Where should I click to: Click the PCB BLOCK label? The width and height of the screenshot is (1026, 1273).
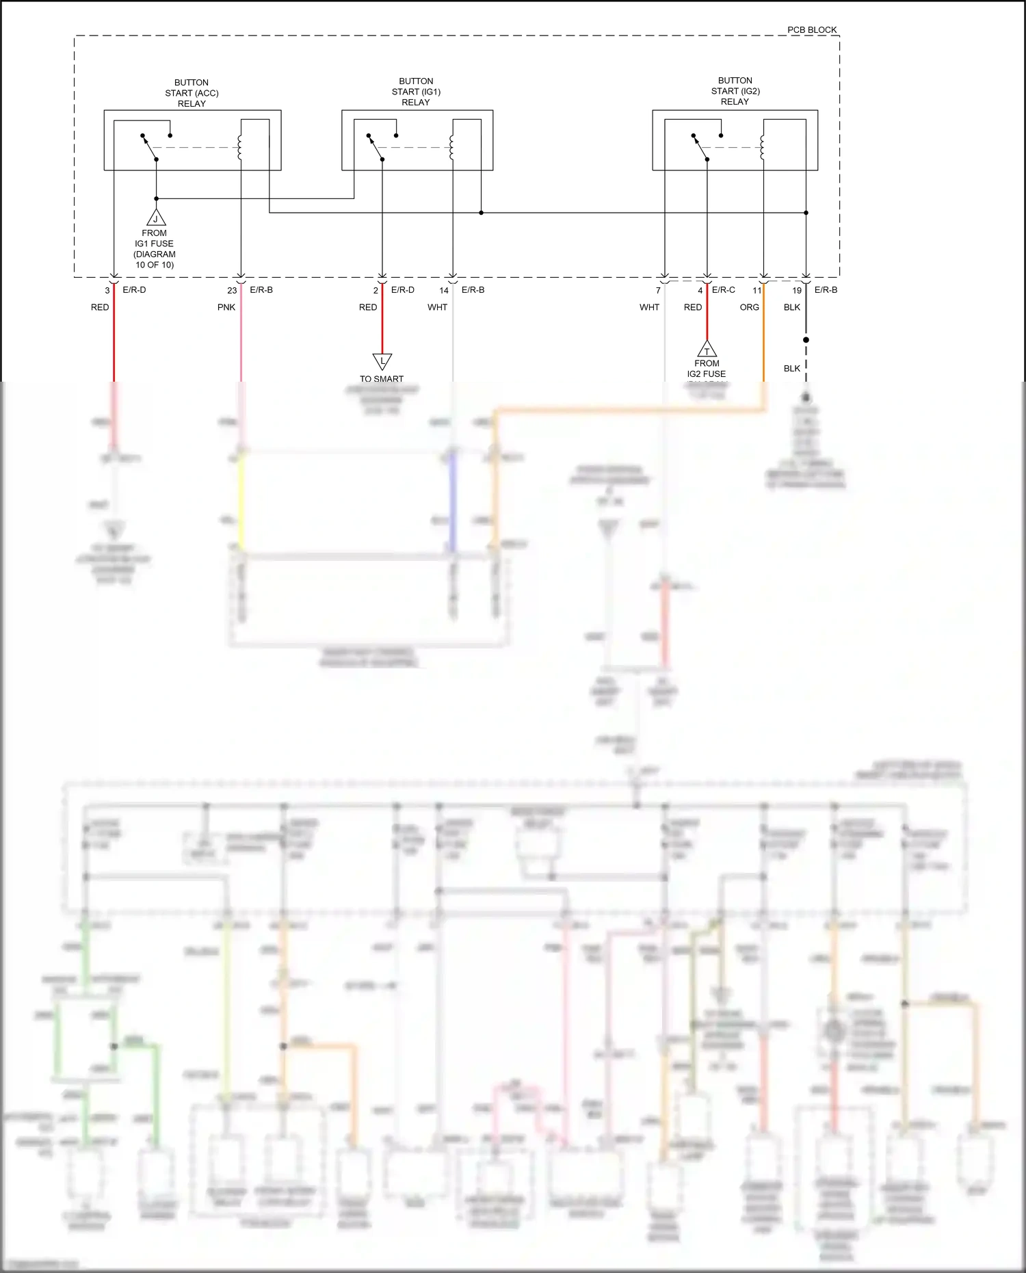pos(811,30)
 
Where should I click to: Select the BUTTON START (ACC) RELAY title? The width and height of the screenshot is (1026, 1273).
pos(192,93)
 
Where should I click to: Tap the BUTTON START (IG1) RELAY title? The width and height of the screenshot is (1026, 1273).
pos(416,92)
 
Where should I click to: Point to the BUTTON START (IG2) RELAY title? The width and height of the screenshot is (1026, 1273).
pos(735,91)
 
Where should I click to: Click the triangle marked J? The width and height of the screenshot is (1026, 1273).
pos(156,218)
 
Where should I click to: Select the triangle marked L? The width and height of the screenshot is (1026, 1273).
pos(382,360)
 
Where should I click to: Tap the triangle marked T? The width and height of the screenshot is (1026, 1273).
pos(707,350)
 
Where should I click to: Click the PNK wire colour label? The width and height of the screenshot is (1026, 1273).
pos(226,307)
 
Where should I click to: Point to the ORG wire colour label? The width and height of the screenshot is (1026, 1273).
pos(749,307)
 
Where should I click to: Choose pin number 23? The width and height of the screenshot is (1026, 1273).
pos(232,291)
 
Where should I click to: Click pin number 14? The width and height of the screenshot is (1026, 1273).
pos(444,291)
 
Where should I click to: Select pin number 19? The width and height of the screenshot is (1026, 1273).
pos(797,291)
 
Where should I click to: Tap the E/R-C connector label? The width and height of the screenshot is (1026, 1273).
pos(724,290)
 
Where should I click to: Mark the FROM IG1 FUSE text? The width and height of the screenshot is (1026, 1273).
pos(154,239)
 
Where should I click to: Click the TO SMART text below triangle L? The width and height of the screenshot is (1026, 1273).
pos(382,379)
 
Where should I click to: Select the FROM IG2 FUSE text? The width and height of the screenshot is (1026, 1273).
pos(707,369)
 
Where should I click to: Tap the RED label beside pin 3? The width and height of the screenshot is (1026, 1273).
pos(100,307)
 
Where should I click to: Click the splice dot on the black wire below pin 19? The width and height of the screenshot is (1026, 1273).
pos(806,340)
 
